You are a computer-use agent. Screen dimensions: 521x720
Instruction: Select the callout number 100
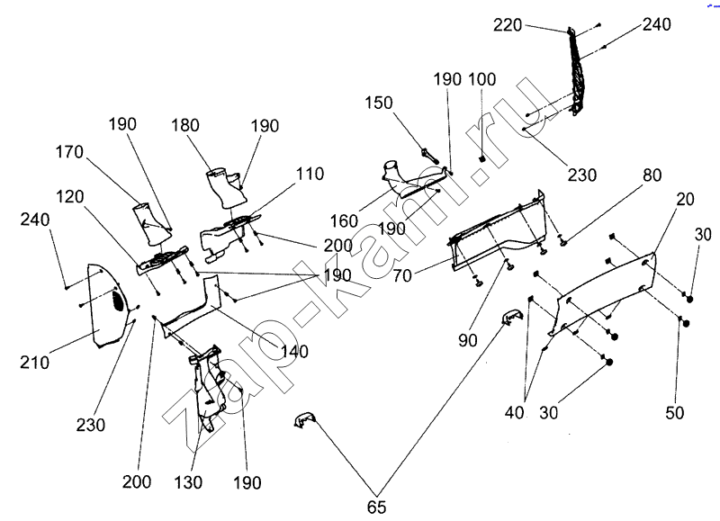pyautogui.click(x=481, y=80)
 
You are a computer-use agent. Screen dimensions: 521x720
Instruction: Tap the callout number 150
pyautogui.click(x=378, y=103)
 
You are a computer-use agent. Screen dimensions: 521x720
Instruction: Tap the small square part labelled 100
pyautogui.click(x=481, y=159)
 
